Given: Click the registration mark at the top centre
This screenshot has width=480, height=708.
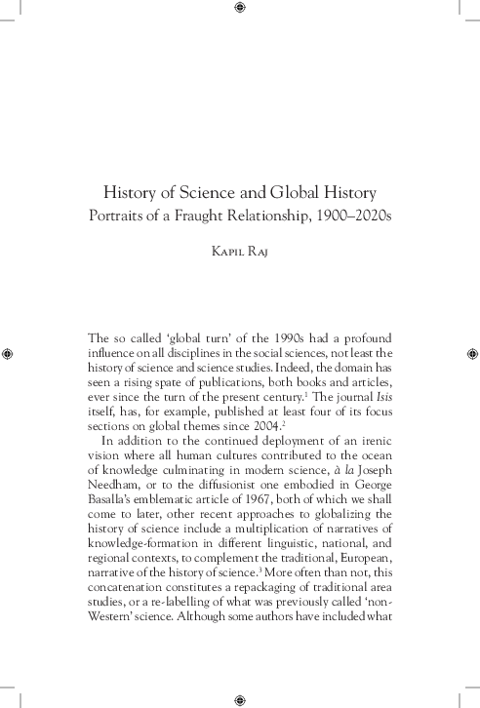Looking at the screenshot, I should pos(240,8).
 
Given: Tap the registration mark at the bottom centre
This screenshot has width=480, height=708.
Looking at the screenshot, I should pos(240,700).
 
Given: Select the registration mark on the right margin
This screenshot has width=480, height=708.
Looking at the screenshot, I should pos(471,352).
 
